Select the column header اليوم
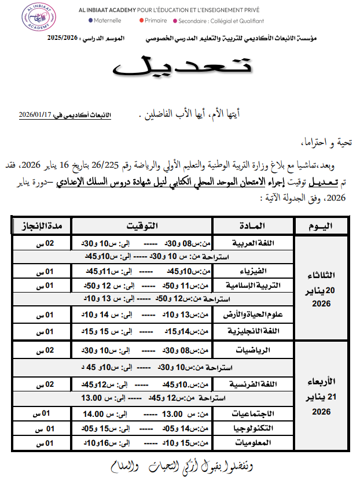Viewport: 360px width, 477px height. coord(322,224)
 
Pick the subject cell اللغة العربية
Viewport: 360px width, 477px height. coord(255,243)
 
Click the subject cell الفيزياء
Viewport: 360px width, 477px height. coord(261,271)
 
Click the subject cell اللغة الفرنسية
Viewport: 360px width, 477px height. coord(254,384)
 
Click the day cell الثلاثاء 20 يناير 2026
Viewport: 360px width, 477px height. coord(322,287)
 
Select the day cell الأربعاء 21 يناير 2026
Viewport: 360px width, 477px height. coord(322,396)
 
